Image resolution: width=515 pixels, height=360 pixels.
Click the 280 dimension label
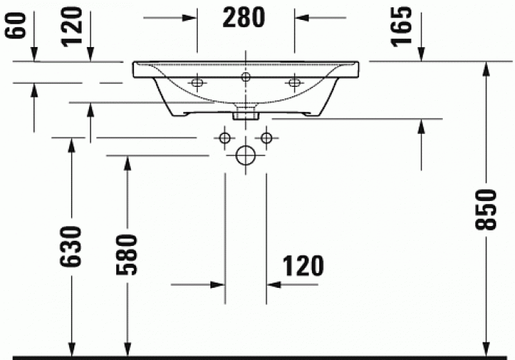coord(245,17)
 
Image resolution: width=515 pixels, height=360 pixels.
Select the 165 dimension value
coord(401,27)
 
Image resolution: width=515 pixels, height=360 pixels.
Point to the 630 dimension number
coord(71,247)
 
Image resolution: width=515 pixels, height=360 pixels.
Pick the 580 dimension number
coord(127,255)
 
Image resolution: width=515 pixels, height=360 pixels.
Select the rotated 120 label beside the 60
coord(71,28)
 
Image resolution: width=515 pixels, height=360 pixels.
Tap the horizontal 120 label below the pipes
coord(301,267)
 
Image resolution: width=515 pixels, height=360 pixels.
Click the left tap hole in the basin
coord(196,82)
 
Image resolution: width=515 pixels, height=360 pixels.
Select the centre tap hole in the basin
coord(246,77)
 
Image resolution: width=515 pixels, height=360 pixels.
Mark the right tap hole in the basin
coord(294,82)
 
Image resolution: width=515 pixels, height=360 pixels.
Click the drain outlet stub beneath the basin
coord(246,113)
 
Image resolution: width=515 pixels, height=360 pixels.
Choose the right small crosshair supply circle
coord(266,137)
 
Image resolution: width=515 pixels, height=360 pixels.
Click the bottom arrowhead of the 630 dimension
coord(71,347)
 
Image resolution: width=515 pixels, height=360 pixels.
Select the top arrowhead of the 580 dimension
coord(127,163)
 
